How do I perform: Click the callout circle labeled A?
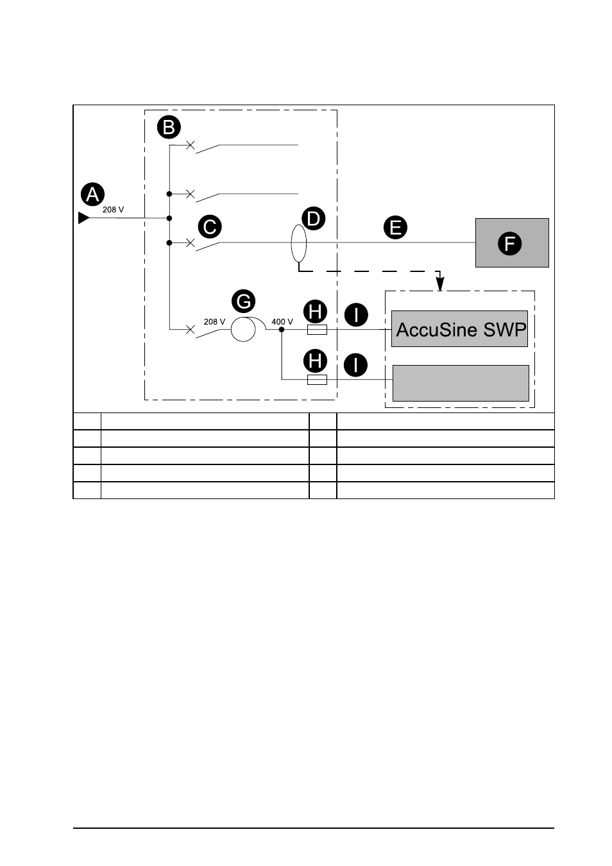coord(92,194)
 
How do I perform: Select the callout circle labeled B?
coord(169,127)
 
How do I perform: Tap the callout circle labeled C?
coord(210,226)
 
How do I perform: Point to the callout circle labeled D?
coord(313,219)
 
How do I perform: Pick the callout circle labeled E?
coord(396,227)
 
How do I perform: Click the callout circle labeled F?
coord(510,244)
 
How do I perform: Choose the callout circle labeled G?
coord(244,301)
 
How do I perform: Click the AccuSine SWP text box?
coord(460,328)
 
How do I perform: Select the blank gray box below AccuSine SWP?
coord(461,383)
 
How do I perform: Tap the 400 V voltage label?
coord(282,321)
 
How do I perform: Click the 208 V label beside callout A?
coord(114,210)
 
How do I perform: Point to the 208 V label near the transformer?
coord(214,321)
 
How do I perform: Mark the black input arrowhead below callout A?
coord(84,217)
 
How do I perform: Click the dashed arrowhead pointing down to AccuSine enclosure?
coord(440,284)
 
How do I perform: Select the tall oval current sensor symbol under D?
coord(299,244)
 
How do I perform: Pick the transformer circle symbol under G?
coord(243,329)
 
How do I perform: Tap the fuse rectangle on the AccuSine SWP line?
coord(317,329)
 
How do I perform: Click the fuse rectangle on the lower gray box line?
coord(317,380)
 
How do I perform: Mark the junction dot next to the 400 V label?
coord(282,329)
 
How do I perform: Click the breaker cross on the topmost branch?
coord(191,145)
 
